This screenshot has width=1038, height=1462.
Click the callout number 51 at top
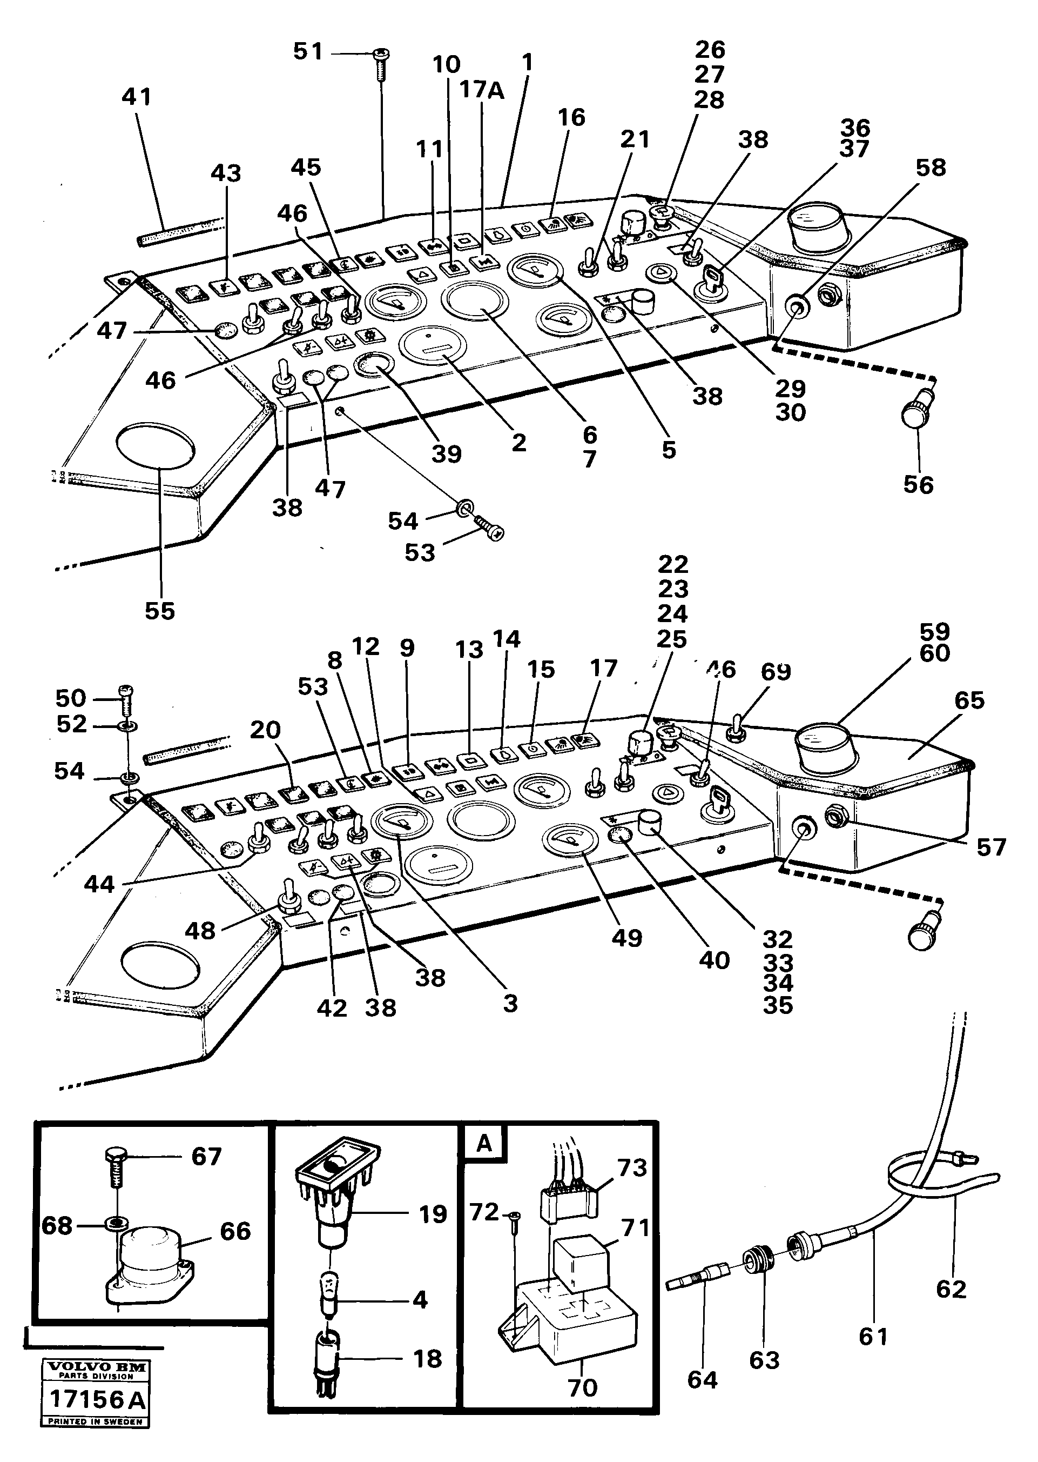point(308,51)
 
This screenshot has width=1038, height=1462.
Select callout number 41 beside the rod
point(137,97)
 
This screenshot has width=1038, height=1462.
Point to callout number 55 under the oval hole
point(160,611)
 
